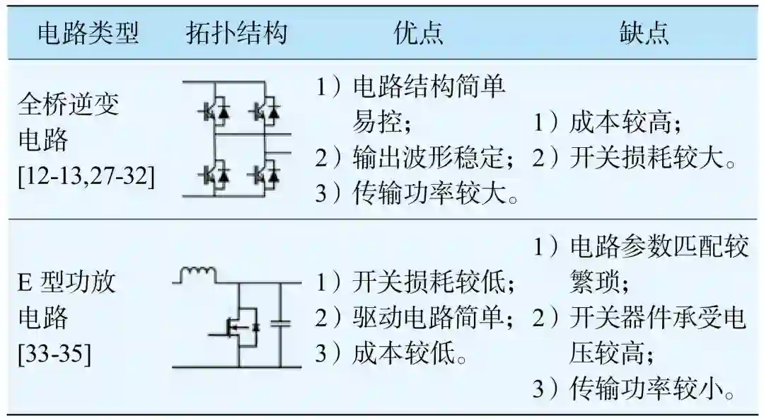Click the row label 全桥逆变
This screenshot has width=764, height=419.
coord(68,105)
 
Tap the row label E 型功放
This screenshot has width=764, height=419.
coord(66,282)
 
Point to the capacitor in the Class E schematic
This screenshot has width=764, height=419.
coord(282,323)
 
